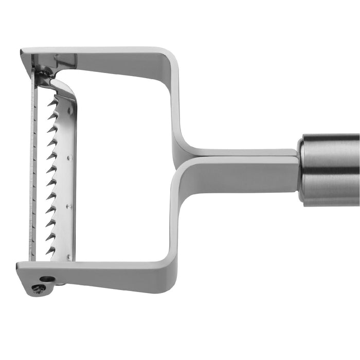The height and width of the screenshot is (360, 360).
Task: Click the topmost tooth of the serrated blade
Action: [x=53, y=102]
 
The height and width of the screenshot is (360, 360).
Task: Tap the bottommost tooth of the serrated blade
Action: [x=51, y=250]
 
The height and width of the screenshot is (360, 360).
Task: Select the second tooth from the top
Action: [x=52, y=116]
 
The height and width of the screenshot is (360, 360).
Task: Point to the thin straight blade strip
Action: [x=34, y=170]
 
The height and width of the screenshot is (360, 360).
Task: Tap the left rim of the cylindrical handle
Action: [x=301, y=170]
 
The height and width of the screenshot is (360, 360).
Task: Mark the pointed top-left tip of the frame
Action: [x=23, y=52]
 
